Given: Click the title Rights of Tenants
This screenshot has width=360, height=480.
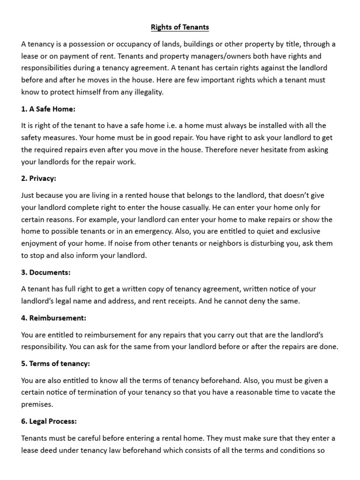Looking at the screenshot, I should (180, 27).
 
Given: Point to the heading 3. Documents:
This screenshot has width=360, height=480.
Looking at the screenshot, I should (46, 272).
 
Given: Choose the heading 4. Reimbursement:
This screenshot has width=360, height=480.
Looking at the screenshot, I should (54, 318).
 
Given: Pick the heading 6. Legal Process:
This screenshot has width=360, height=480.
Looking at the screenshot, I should (49, 421).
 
